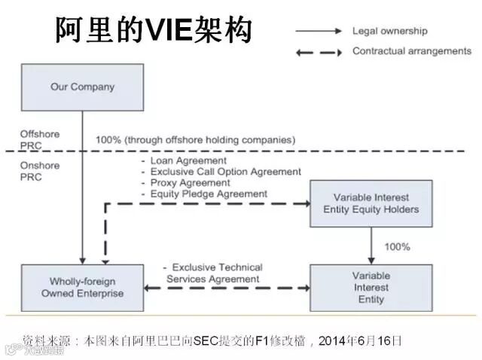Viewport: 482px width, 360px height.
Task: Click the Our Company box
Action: [82, 87]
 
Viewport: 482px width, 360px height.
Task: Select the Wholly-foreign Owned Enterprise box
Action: [82, 288]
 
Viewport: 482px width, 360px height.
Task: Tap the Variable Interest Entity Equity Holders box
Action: [371, 203]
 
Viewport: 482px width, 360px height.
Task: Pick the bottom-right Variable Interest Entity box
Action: [371, 288]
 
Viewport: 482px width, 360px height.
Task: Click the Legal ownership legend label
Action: [389, 31]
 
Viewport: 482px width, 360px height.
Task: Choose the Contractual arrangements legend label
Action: [411, 51]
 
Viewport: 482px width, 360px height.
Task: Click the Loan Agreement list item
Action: [188, 160]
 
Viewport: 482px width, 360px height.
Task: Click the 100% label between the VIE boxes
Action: [397, 246]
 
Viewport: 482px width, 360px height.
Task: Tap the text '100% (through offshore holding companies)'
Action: [195, 139]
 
